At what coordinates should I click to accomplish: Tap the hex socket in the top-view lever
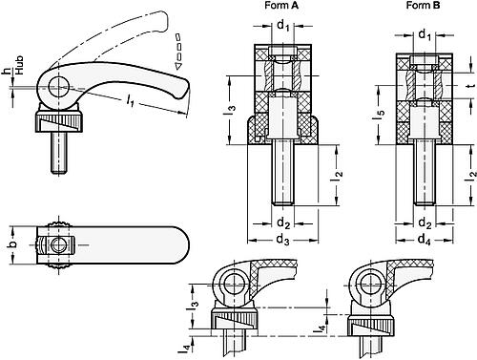pos(59,245)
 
